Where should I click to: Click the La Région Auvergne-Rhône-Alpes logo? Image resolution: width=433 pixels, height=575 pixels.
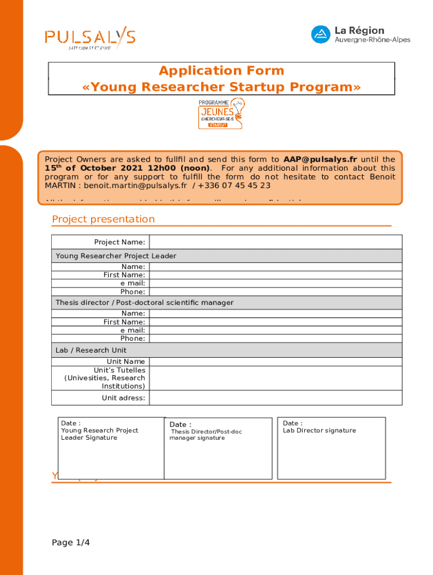pos(360,34)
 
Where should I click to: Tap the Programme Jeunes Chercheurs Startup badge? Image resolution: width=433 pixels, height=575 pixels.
pos(222,113)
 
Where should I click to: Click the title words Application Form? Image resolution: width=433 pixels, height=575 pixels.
pos(222,71)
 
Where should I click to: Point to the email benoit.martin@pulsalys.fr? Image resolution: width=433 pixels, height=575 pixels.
pos(135,185)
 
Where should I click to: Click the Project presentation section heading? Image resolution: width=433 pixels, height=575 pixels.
pos(103,219)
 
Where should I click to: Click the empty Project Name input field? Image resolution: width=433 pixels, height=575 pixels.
pos(276,242)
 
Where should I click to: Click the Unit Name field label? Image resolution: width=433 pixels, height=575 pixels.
pos(126,362)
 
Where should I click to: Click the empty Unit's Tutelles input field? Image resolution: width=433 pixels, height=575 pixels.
pos(276,378)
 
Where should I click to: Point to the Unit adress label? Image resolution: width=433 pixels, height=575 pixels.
pos(123,398)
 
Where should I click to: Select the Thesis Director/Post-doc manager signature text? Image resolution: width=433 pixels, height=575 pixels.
pos(206,435)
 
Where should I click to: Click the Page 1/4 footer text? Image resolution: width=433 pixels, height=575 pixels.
pos(71,542)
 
